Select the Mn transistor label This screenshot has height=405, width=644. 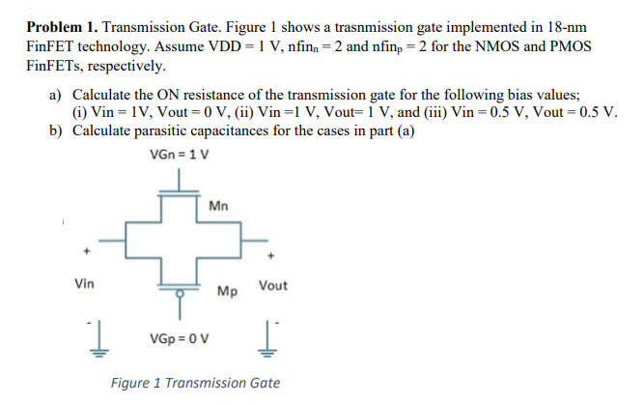point(219,205)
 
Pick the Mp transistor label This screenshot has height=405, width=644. point(228,290)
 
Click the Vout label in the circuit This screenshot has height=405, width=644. point(273,286)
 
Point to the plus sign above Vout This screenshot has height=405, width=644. point(274,256)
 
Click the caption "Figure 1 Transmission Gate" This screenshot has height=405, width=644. point(195,383)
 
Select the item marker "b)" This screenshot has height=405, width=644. point(55,130)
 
